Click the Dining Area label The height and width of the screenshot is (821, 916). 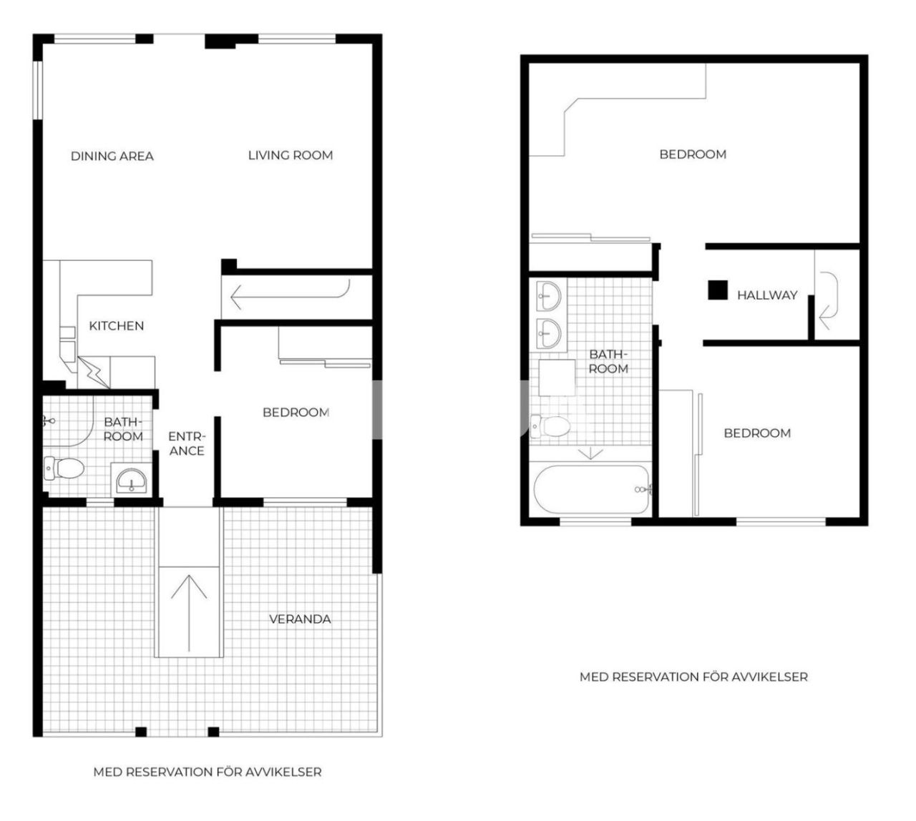(x=112, y=156)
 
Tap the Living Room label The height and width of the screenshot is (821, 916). (x=291, y=154)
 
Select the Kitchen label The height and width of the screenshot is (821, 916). (x=117, y=325)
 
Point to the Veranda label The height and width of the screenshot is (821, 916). (x=300, y=619)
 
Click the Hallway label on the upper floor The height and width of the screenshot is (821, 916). (x=767, y=295)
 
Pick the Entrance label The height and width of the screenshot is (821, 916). (x=187, y=443)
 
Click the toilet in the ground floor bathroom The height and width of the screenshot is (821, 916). (x=64, y=468)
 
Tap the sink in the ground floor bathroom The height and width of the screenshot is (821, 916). (x=131, y=479)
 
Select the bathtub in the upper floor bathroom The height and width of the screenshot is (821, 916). (x=592, y=490)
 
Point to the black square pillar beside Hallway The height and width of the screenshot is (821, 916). (x=718, y=290)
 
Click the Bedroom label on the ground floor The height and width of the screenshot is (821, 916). (x=296, y=412)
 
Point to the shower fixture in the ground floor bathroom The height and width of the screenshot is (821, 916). (x=49, y=422)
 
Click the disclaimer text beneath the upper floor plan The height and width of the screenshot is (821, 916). (x=693, y=677)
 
